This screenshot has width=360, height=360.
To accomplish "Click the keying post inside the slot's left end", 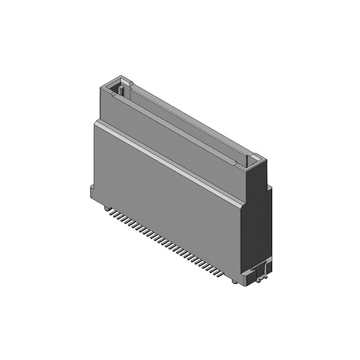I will (x=120, y=88).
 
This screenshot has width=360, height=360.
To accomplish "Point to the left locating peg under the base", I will (x=105, y=208).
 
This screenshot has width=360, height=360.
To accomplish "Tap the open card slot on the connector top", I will (x=186, y=121).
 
